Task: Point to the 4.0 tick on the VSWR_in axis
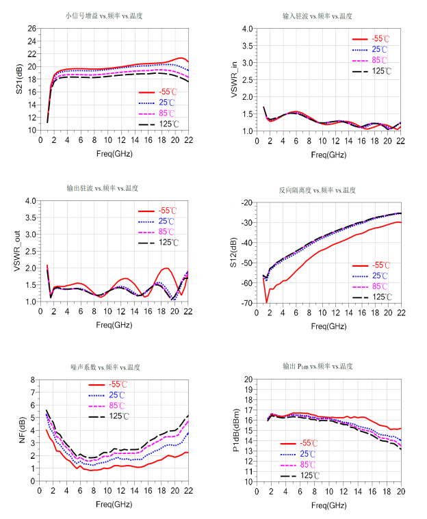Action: (248, 29)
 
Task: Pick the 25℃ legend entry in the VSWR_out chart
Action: (165, 222)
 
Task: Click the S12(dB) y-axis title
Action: (233, 253)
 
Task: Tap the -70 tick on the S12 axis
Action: (247, 303)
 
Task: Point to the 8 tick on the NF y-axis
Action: (33, 380)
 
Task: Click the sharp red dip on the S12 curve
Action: (266, 302)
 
